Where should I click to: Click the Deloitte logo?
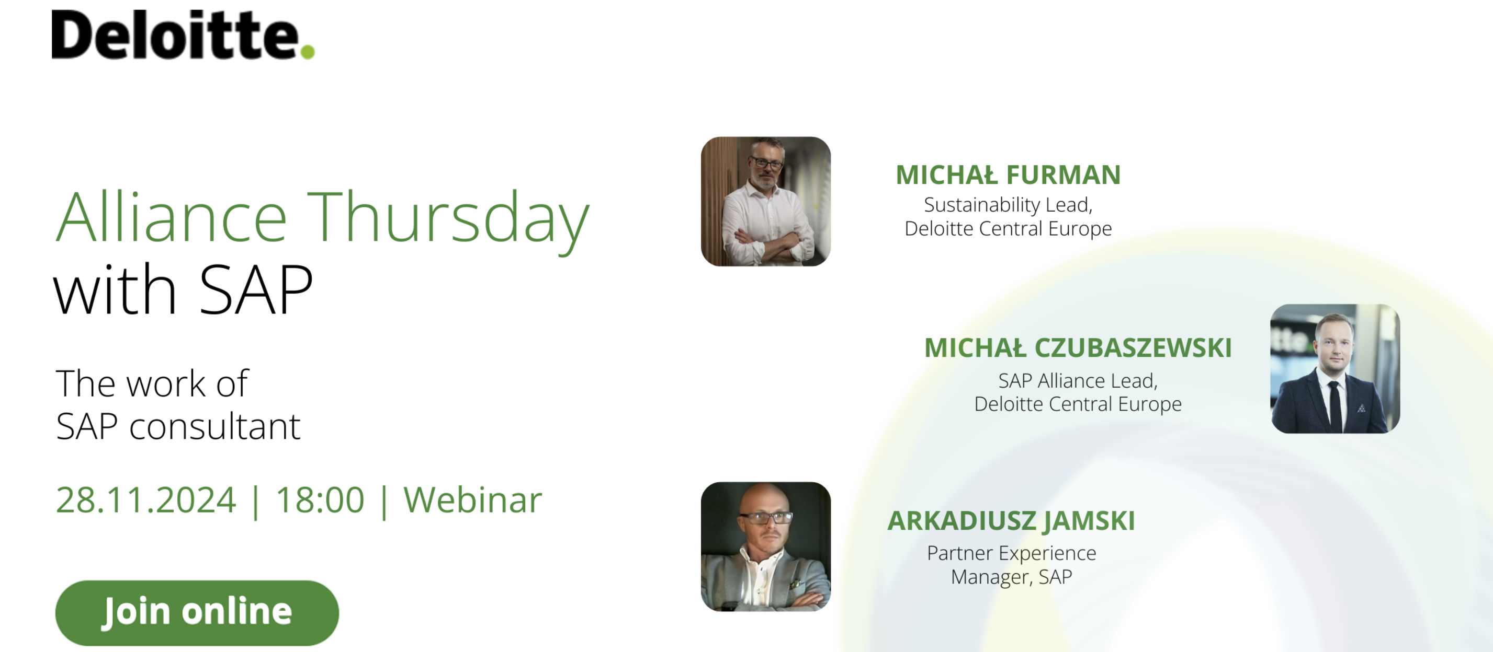tap(183, 35)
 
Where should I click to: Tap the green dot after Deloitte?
tap(308, 52)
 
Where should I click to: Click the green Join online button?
tap(197, 613)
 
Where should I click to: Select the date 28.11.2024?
tap(146, 500)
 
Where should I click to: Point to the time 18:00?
tap(320, 500)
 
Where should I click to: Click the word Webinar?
tap(473, 500)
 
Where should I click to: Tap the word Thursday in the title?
tap(448, 218)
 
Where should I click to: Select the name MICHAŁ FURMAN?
tap(1009, 175)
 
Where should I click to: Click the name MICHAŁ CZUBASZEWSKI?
tap(1078, 348)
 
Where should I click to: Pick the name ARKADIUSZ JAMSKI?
tap(1011, 520)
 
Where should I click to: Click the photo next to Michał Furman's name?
tap(766, 202)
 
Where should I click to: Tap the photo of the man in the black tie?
tap(1336, 369)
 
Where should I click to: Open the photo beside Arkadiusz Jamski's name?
tap(766, 546)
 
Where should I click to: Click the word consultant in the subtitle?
tap(214, 427)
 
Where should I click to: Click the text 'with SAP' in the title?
tap(184, 289)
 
